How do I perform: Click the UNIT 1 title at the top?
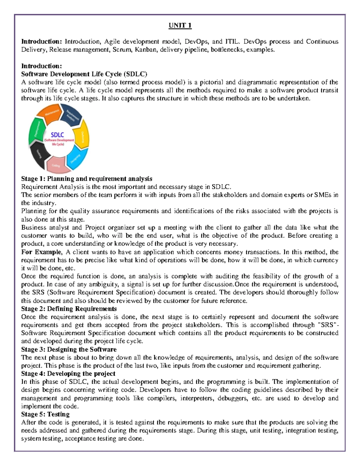pos(180,26)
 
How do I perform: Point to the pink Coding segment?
pos(56,165)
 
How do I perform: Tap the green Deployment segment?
pos(36,131)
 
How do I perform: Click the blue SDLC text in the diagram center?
pos(57,135)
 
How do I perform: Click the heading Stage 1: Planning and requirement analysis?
pos(86,179)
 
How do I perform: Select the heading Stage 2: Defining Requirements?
pos(69,309)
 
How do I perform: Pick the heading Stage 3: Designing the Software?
pos(69,349)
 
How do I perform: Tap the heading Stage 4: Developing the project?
pos(68,374)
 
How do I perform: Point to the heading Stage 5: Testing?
pos(45,414)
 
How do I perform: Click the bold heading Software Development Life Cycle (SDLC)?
pos(84,74)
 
